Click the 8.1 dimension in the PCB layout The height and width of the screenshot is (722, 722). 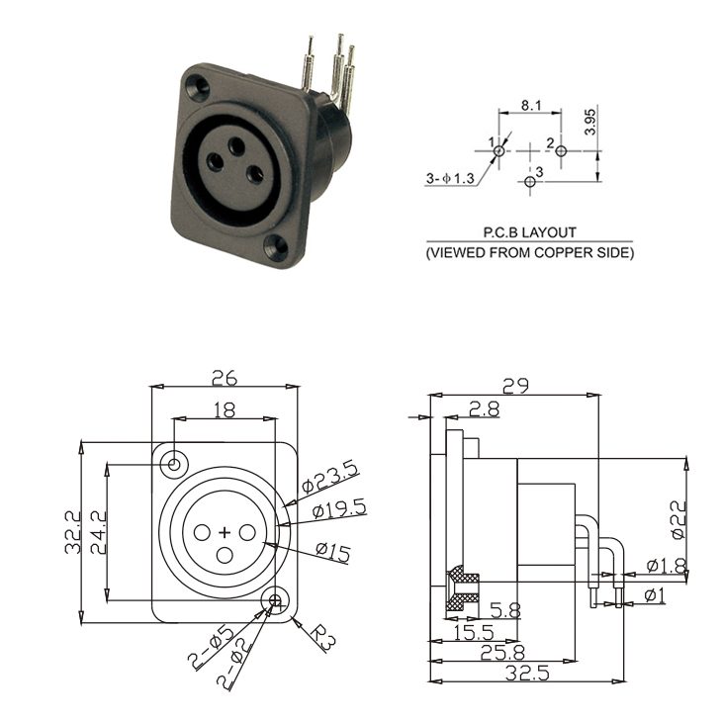tap(531, 106)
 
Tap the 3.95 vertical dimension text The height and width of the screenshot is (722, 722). tap(589, 122)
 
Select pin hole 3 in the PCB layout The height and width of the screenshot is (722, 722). tap(530, 181)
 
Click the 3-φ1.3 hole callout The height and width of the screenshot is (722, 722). tap(450, 178)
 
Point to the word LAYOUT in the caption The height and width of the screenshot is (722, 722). tap(549, 232)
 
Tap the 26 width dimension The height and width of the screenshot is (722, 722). tap(225, 378)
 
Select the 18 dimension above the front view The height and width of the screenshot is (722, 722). tap(225, 409)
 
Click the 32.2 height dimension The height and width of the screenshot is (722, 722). tap(73, 532)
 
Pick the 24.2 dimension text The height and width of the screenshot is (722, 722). tap(99, 532)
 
